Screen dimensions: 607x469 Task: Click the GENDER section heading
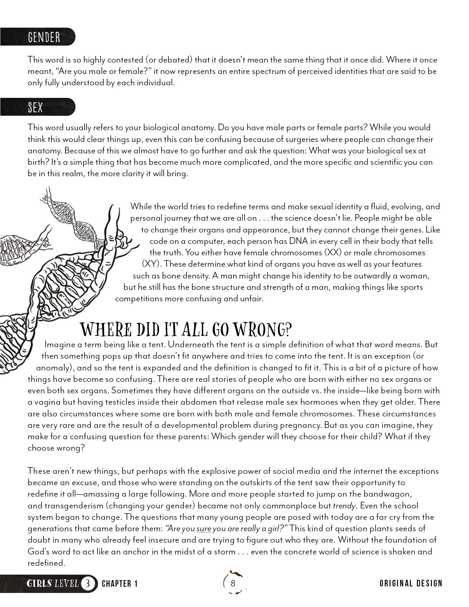tap(44, 37)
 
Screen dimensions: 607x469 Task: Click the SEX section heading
tap(35, 107)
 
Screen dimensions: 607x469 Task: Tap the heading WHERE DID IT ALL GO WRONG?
tap(186, 329)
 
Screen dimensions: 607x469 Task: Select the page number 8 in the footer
tap(233, 583)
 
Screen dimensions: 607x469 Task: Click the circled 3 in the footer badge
tap(88, 583)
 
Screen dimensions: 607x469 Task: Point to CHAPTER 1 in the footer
tap(120, 584)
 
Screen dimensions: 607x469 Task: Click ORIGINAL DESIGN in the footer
tap(411, 583)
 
